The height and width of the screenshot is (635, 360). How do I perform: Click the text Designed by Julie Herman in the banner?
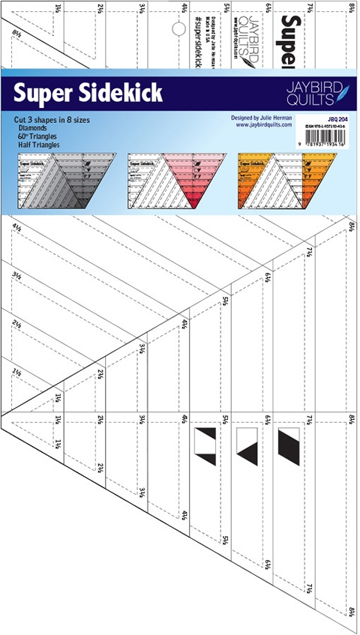262,118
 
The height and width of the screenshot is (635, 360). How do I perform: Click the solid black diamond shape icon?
289,443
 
